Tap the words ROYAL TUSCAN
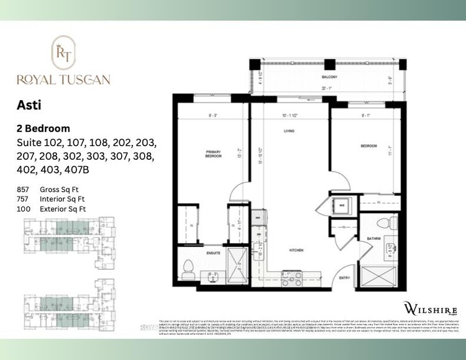point(64,79)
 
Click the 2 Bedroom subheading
point(43,129)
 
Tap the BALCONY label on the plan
point(329,77)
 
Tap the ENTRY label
point(345,278)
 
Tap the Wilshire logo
point(431,309)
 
